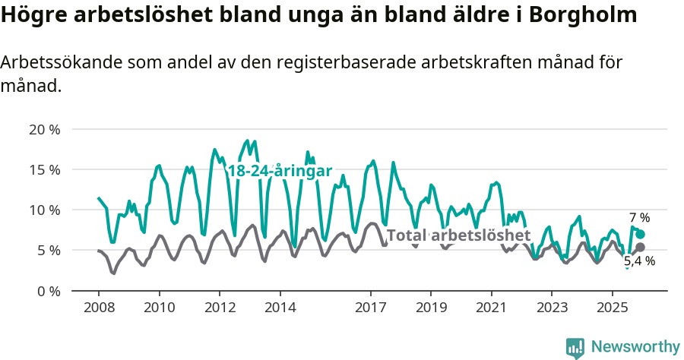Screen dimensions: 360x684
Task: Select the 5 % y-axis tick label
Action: (46, 250)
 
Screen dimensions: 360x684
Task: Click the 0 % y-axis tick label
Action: (46, 291)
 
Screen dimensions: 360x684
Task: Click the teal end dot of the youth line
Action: (641, 235)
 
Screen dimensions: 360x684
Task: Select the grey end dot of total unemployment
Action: (641, 247)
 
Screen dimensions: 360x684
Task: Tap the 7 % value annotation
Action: (639, 218)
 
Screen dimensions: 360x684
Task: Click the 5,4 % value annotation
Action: (640, 261)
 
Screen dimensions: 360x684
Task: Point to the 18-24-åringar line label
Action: (280, 171)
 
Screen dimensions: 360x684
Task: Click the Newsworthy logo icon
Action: (575, 347)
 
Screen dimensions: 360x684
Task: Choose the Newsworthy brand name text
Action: (635, 347)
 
